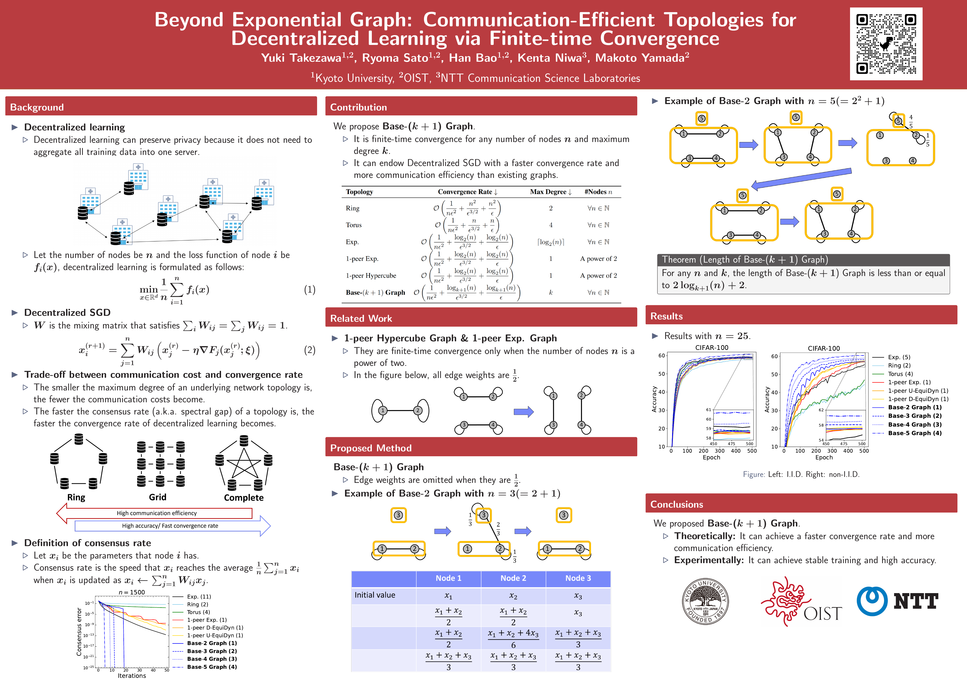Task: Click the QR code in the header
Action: [x=886, y=44]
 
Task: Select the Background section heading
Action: [x=37, y=107]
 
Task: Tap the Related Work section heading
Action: [x=361, y=318]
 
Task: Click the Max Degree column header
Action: [x=551, y=192]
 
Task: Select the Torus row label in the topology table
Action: [x=354, y=225]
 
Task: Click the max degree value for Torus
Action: [x=551, y=225]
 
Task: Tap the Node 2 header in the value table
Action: [x=513, y=578]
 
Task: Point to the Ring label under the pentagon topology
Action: [x=76, y=497]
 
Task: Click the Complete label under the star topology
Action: [x=244, y=497]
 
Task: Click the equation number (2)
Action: [x=310, y=350]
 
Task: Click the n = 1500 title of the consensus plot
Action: [x=132, y=592]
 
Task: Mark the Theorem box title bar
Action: [x=803, y=260]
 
